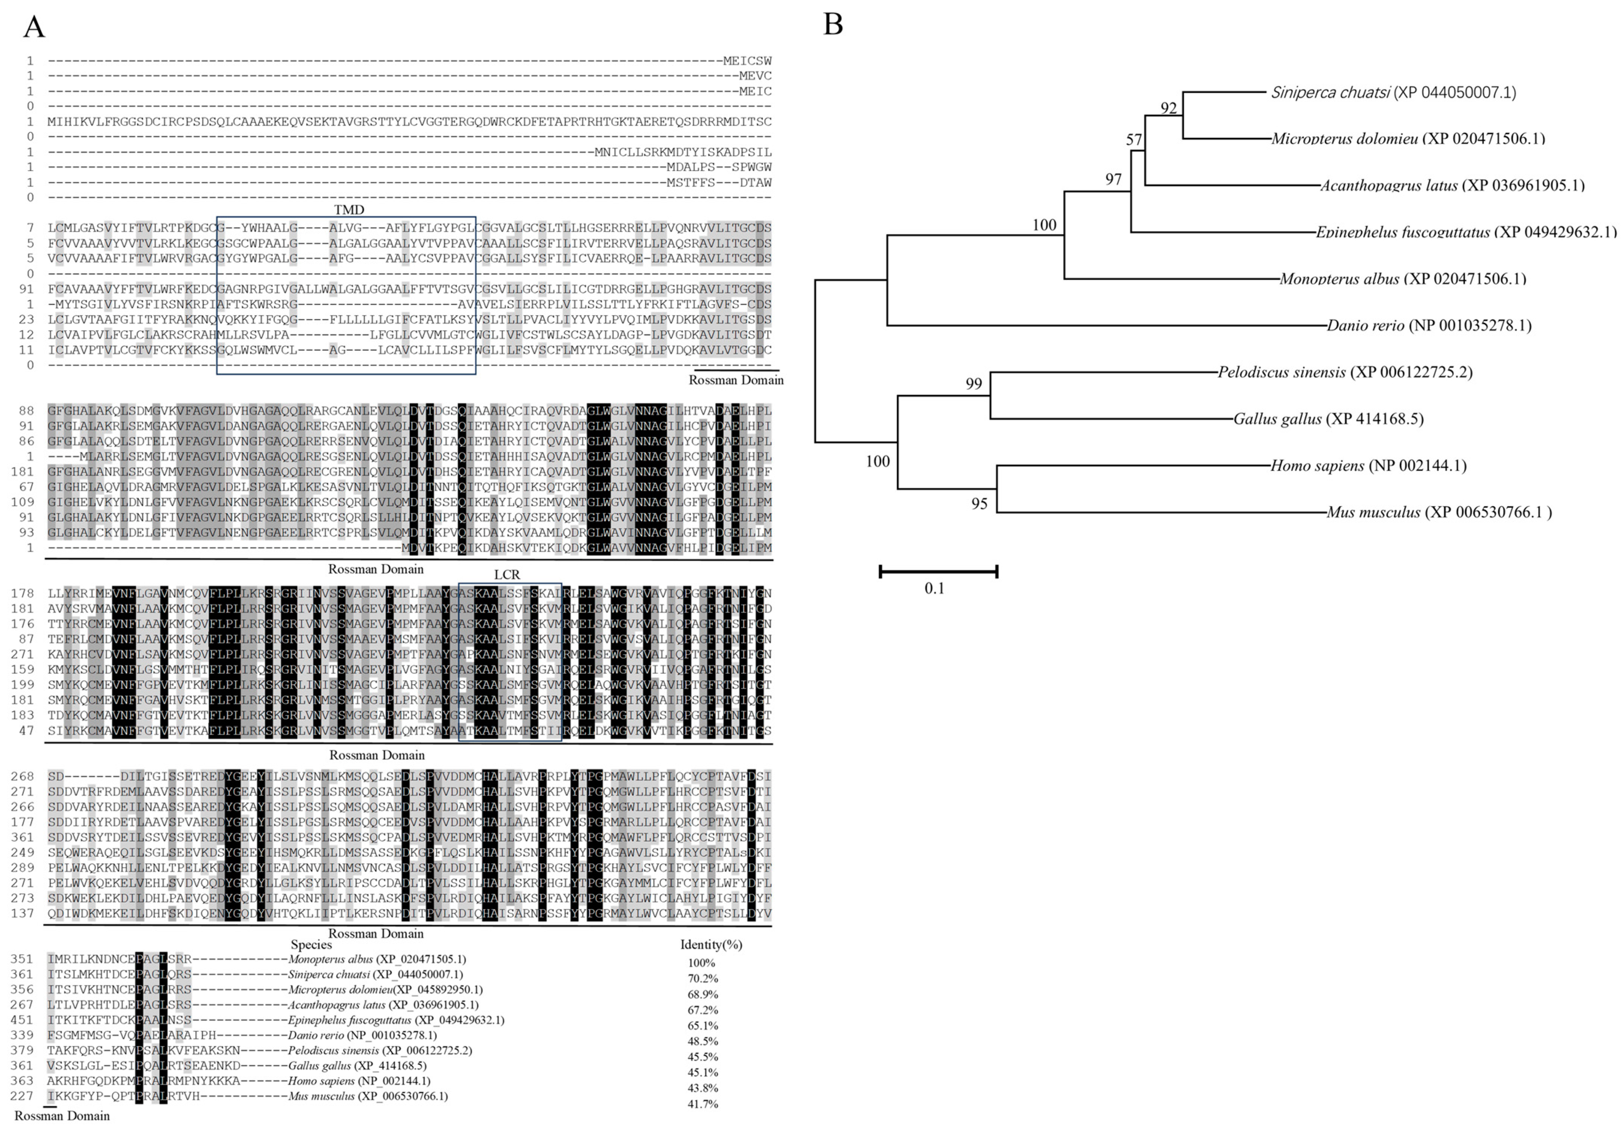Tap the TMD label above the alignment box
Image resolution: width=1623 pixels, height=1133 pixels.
coord(349,210)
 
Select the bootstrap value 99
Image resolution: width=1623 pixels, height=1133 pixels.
coord(974,383)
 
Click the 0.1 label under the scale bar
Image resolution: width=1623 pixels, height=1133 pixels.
coord(934,588)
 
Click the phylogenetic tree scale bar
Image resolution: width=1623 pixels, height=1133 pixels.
coord(938,571)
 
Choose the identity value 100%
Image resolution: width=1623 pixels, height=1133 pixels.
coord(701,962)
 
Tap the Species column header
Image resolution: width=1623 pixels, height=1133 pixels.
coord(311,944)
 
